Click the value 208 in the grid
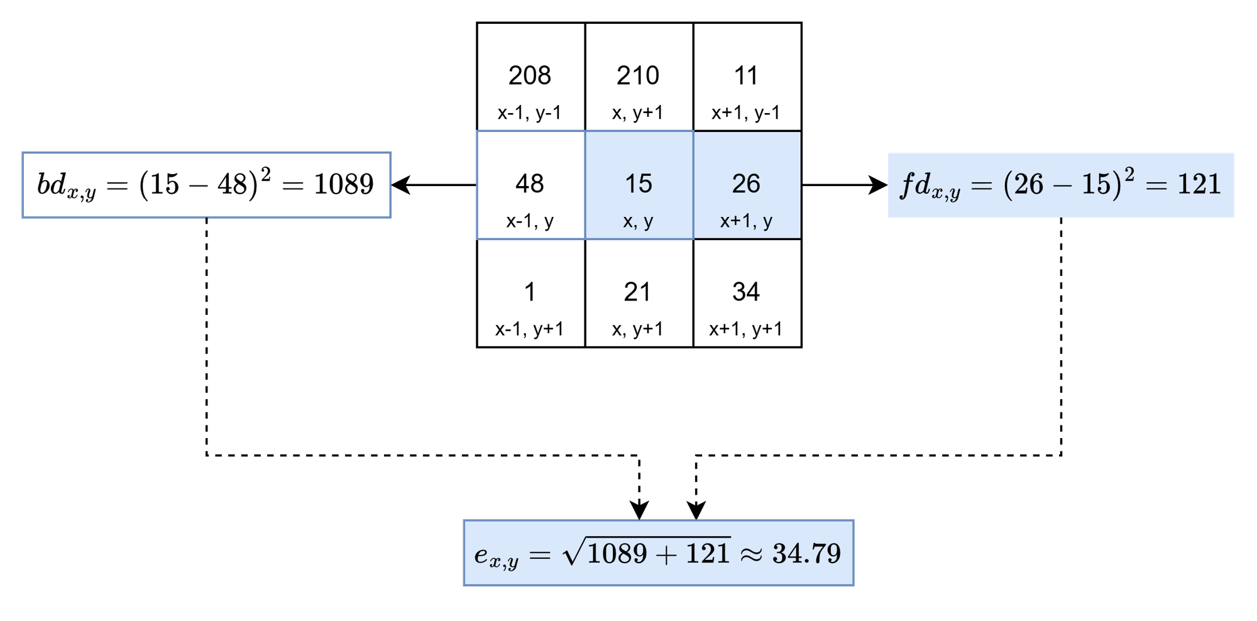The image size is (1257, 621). click(x=529, y=76)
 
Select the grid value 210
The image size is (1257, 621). click(x=637, y=76)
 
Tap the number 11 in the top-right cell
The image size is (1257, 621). click(x=746, y=76)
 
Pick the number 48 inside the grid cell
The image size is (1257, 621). click(x=529, y=184)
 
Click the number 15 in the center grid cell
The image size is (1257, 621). click(x=638, y=184)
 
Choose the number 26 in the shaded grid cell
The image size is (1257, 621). click(x=746, y=184)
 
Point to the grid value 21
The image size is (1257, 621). click(x=637, y=292)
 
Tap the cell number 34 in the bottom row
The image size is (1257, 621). click(x=746, y=292)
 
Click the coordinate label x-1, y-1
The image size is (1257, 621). click(x=529, y=113)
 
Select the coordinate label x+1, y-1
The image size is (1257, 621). click(x=746, y=113)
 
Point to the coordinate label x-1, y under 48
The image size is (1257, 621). click(x=530, y=221)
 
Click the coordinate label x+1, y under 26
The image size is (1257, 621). click(x=746, y=221)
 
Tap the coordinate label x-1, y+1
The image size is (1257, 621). click(x=529, y=329)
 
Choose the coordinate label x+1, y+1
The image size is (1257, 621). click(x=746, y=329)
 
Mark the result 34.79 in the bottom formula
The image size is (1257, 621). click(x=806, y=554)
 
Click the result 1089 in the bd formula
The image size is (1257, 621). click(x=343, y=184)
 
